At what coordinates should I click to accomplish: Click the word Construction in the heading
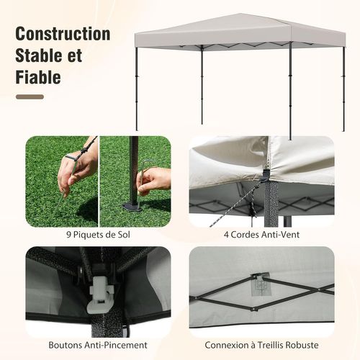pos(63,34)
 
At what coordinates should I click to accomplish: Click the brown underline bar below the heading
pos(30,96)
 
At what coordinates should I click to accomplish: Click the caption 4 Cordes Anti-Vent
pos(262,233)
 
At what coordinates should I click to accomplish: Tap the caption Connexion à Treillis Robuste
pos(262,345)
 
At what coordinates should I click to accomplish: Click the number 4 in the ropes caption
pos(227,233)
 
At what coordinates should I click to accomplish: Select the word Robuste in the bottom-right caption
pos(301,345)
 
